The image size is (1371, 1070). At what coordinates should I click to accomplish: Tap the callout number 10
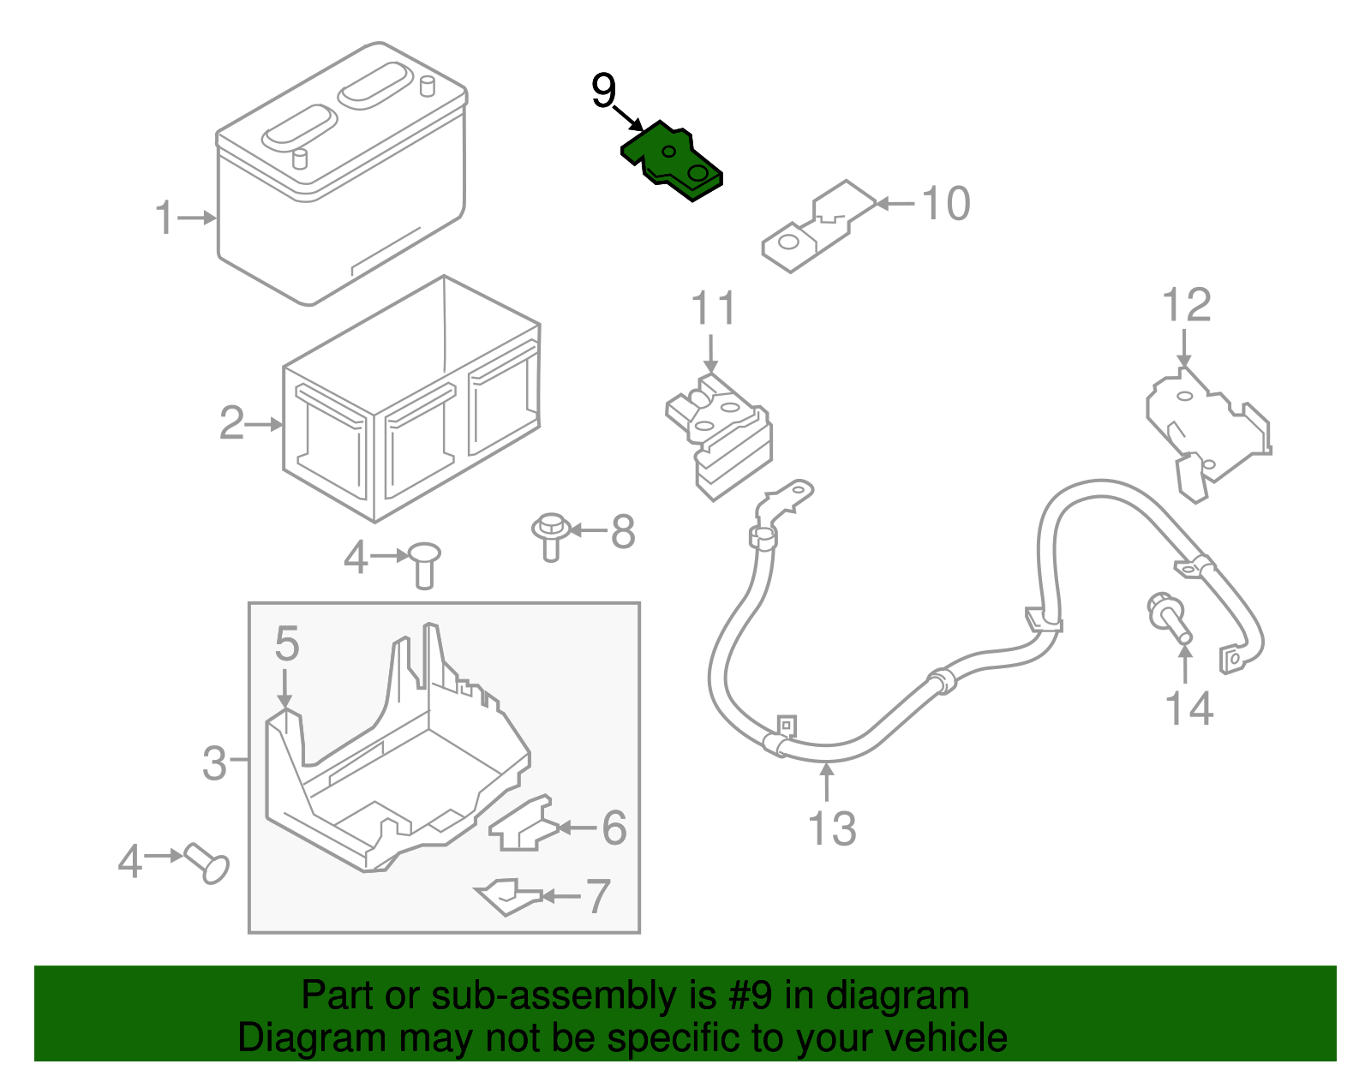point(946,204)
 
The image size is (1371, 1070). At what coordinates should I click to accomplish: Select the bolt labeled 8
point(550,535)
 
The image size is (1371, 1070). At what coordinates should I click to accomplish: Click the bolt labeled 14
point(1169,619)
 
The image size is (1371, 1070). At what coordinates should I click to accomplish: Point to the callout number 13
point(831,828)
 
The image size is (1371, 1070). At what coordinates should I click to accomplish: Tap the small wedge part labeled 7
point(507,896)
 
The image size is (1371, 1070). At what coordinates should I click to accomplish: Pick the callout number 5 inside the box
point(287,644)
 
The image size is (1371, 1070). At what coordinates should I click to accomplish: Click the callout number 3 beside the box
point(214,762)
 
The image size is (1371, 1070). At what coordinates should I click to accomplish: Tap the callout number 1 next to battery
point(165,218)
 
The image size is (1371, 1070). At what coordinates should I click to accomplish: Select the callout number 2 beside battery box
point(231,423)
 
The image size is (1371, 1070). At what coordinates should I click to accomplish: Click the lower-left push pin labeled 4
point(207,863)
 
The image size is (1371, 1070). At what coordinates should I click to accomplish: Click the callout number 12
point(1187,306)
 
